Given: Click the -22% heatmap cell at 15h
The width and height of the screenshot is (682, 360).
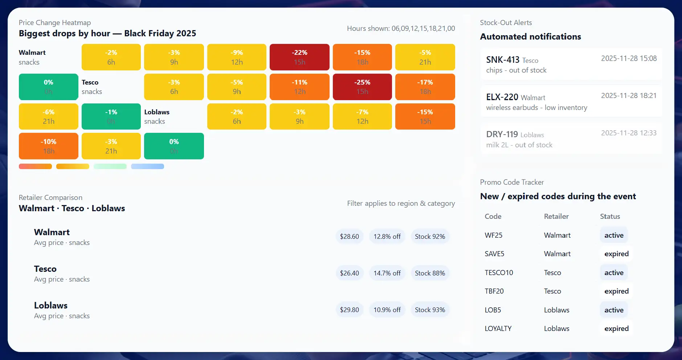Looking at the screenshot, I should pos(299,57).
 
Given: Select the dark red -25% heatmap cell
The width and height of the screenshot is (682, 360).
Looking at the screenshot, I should pos(362,87).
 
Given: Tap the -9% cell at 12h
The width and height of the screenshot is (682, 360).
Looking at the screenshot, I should pos(237,57).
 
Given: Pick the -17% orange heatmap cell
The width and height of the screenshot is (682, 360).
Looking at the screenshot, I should pos(425,87).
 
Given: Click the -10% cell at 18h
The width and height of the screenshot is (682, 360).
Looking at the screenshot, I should pos(48,146).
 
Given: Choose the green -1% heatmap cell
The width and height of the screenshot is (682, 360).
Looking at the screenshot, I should pos(111,116).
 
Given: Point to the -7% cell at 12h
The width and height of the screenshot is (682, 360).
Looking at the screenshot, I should pos(362,116).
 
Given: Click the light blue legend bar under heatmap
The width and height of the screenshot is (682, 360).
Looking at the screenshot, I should pos(147,166).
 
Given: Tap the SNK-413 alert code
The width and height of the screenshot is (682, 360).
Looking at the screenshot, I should pos(503,60).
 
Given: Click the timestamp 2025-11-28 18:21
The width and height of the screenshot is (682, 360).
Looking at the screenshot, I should pos(629,95).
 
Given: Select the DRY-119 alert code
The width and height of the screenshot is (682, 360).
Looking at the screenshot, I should pos(502,134).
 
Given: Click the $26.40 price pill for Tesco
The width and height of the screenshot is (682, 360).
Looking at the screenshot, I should pos(349,273).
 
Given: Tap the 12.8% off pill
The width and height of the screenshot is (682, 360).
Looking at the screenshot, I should pos(387,236).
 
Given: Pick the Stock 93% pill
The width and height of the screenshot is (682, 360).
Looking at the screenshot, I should pos(430,310).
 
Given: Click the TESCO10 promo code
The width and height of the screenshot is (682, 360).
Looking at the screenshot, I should pos(499,273).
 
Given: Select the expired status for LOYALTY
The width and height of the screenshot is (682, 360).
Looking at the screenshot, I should pos(616,328).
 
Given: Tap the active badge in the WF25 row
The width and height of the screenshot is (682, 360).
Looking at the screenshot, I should pos(614,235).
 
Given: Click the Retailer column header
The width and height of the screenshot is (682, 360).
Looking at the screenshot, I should pos(556,216).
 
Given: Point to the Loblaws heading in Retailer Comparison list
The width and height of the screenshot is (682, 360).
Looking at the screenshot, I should pos(51,305).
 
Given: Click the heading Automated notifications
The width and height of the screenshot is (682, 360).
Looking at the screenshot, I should pos(530,37).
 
